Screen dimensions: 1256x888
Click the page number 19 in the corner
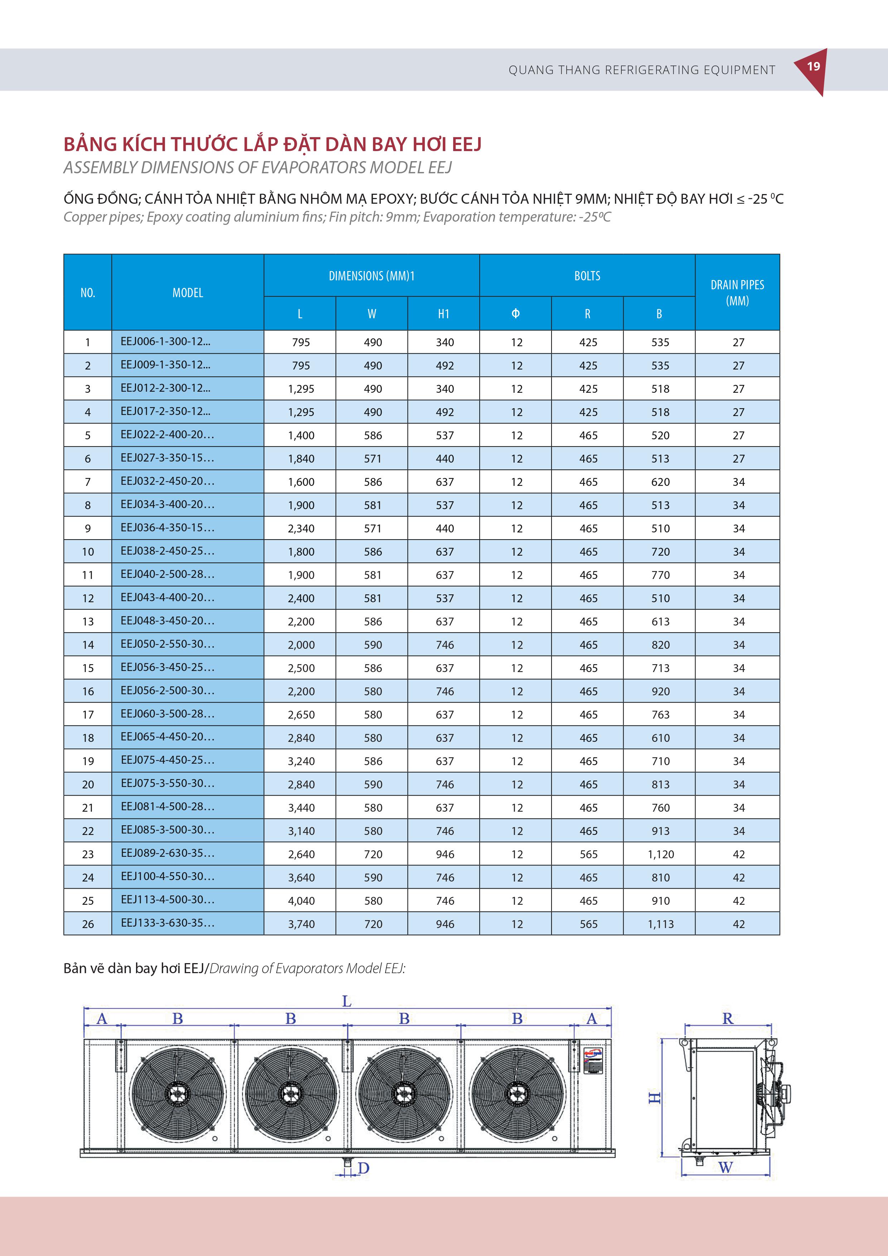813,67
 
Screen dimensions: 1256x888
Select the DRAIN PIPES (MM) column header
737,293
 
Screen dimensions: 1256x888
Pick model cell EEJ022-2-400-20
167,435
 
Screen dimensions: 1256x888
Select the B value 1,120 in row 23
660,855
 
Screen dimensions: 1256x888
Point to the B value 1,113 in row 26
660,924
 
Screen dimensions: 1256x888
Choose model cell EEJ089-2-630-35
167,853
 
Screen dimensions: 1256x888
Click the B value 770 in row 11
660,575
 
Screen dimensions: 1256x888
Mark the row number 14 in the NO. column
88,645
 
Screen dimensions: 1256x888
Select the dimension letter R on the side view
727,1019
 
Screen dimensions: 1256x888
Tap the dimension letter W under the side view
726,1167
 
